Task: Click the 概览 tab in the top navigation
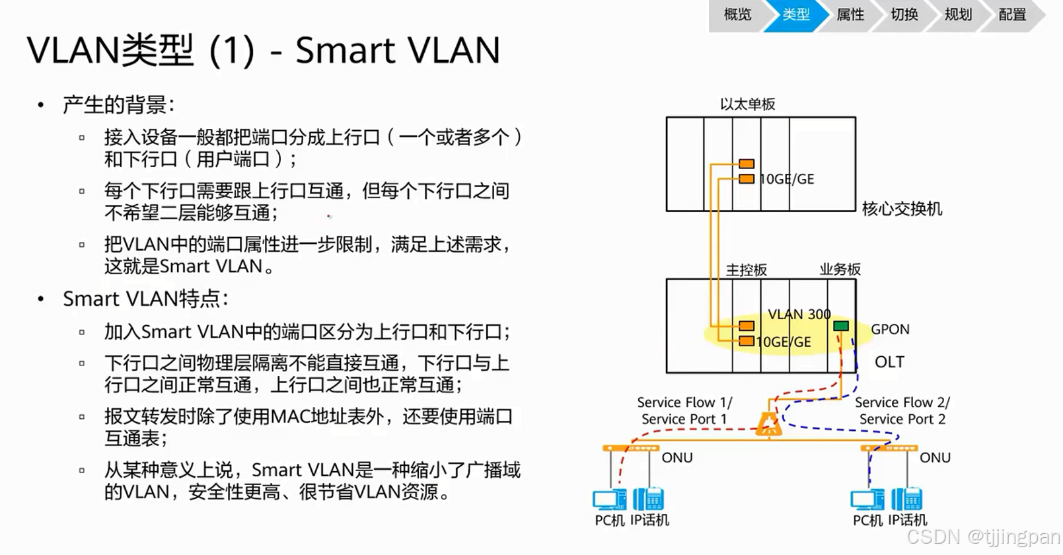[x=737, y=15]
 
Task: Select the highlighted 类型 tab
[x=795, y=15]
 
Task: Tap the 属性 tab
[x=850, y=15]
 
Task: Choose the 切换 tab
[x=904, y=15]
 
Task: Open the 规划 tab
[x=958, y=15]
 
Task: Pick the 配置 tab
[x=1012, y=15]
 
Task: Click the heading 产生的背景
[x=118, y=104]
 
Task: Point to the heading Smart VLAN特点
[x=145, y=299]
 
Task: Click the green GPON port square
[x=841, y=326]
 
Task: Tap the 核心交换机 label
[x=902, y=209]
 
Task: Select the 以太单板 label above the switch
[x=747, y=104]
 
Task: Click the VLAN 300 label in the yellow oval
[x=799, y=314]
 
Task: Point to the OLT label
[x=889, y=362]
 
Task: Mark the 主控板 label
[x=747, y=270]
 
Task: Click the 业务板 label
[x=840, y=269]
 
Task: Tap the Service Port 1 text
[x=684, y=419]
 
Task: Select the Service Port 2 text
[x=902, y=419]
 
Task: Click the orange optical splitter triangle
[x=768, y=424]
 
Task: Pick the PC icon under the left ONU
[x=609, y=499]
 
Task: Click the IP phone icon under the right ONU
[x=906, y=499]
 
